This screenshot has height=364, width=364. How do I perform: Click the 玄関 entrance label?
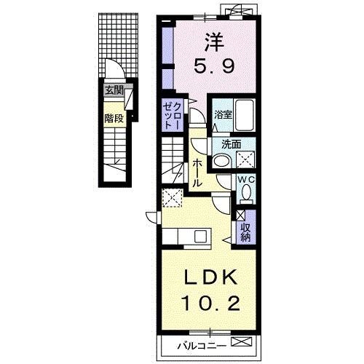[114, 90]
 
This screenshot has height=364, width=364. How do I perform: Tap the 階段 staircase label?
[114, 119]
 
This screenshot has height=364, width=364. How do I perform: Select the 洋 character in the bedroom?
[214, 42]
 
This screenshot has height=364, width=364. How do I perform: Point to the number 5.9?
[214, 67]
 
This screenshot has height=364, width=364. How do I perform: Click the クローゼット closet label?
[172, 115]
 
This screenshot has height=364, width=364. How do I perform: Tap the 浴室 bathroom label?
[223, 115]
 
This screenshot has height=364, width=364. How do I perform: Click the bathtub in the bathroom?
[245, 115]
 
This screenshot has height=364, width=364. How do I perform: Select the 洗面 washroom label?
[232, 145]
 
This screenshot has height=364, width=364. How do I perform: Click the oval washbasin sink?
[222, 161]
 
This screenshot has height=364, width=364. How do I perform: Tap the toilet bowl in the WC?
[246, 191]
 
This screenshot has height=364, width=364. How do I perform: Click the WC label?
[246, 180]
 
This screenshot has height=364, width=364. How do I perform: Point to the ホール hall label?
[197, 173]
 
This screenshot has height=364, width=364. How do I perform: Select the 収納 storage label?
[245, 232]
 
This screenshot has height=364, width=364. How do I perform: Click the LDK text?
[211, 277]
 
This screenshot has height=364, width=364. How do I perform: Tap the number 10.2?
[211, 304]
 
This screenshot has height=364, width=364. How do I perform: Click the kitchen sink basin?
[201, 237]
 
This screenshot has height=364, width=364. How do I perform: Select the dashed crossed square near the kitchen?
[173, 198]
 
